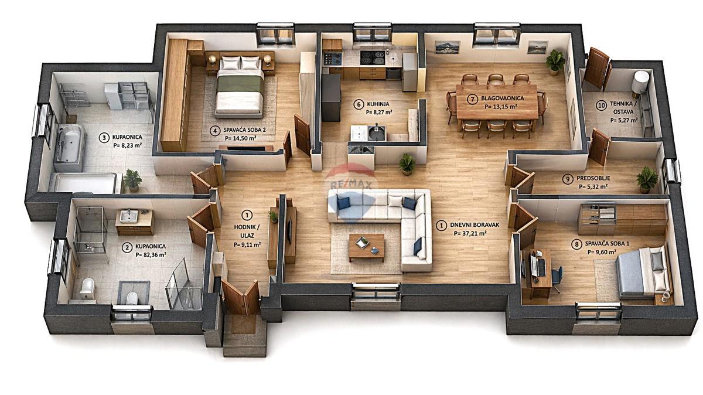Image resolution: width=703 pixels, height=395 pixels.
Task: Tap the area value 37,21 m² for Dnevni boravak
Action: click(470, 233)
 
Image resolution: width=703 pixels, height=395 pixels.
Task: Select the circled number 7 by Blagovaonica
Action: click(472, 99)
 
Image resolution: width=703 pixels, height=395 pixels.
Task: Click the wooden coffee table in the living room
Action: click(367, 247)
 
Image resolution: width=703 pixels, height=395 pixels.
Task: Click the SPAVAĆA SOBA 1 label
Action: click(607, 244)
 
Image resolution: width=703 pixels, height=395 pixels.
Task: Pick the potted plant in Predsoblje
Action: click(647, 179)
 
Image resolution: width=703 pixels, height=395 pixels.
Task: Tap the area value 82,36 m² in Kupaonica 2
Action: click(151, 255)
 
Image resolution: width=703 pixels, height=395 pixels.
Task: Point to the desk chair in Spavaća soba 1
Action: click(557, 278)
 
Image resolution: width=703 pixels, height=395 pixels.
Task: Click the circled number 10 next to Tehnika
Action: click(601, 106)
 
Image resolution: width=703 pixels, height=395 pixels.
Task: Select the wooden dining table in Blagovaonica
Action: click(497, 102)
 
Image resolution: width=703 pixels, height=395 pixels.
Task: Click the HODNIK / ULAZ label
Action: click(247, 231)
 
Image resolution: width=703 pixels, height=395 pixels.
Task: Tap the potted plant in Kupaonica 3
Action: click(132, 181)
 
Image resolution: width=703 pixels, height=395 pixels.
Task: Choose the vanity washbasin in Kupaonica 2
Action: click(129, 216)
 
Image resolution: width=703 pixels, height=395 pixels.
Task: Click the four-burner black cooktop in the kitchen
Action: click(372, 57)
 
